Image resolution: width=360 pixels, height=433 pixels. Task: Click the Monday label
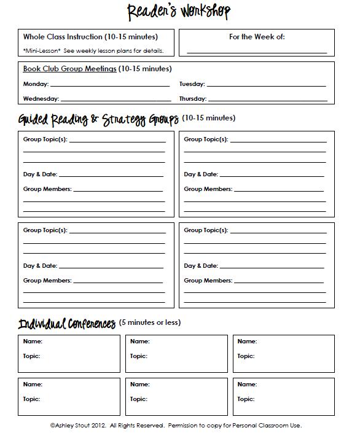[x=36, y=84]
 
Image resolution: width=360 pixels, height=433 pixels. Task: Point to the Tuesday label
[x=192, y=84]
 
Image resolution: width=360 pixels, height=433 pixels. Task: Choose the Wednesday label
[x=41, y=99]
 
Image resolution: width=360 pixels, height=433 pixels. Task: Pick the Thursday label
[x=193, y=99]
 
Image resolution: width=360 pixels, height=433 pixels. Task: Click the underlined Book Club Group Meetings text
[x=69, y=69]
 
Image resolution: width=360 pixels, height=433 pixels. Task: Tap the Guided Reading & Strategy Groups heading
[x=98, y=119]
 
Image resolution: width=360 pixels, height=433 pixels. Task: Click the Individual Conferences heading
[x=67, y=324]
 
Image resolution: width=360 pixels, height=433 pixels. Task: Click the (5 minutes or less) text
[x=150, y=323]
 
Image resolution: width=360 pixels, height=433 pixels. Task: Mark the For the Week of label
[x=257, y=37]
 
